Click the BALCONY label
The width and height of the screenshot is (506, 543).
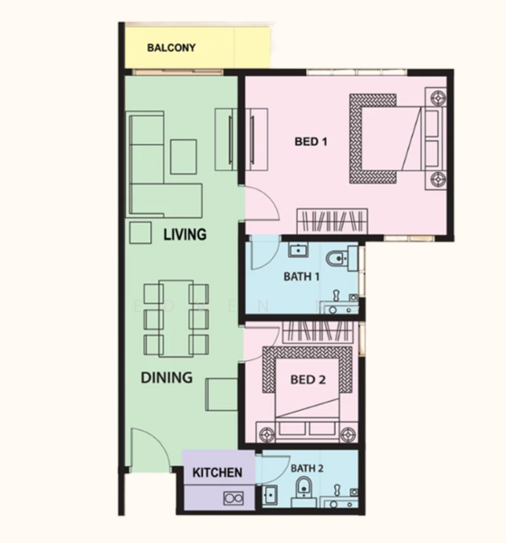[171, 47]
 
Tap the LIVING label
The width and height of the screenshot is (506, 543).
[185, 234]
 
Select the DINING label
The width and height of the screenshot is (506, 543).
[167, 377]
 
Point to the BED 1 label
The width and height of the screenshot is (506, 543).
[310, 141]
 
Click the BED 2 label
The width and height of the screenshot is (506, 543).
[308, 379]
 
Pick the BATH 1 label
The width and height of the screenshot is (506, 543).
[301, 277]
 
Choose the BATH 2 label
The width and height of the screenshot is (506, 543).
[307, 469]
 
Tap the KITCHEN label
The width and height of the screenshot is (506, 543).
[217, 472]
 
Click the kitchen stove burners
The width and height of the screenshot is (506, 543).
[234, 499]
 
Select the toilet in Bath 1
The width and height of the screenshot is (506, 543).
[341, 258]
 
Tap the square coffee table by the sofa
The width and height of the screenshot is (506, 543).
[184, 157]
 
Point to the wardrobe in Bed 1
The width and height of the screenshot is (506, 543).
[332, 221]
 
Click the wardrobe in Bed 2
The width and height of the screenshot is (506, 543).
[318, 332]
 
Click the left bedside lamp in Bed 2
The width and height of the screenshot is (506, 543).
[266, 433]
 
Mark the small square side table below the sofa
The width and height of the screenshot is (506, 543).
[140, 233]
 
